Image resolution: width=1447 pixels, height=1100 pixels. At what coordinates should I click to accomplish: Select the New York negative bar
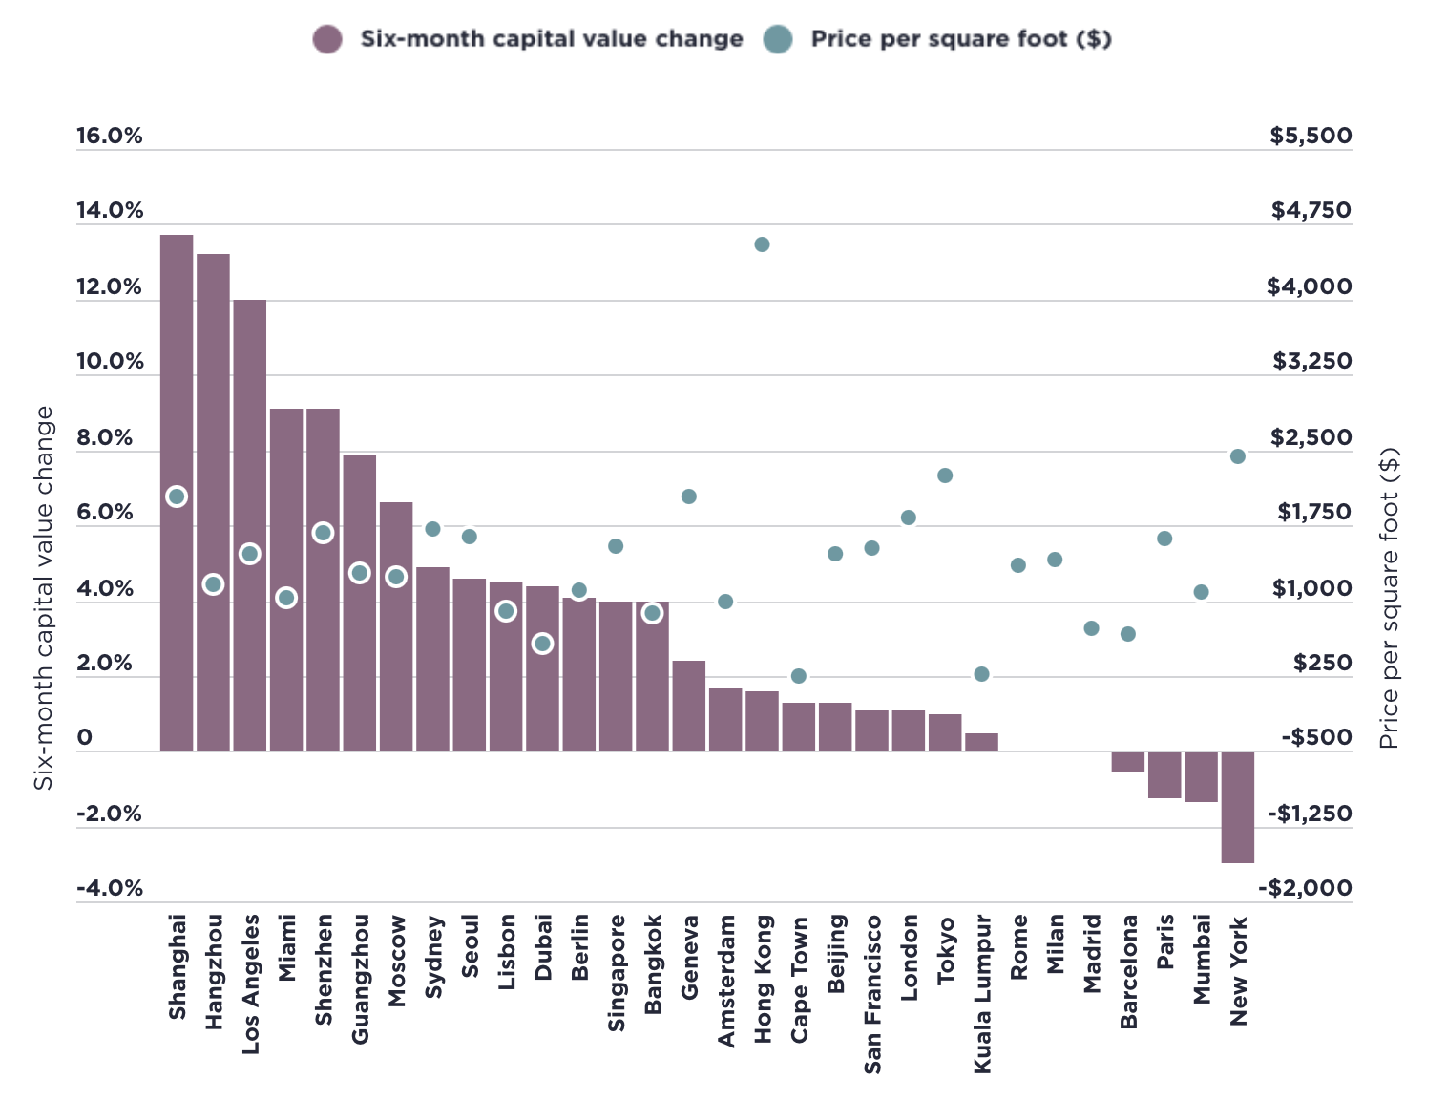(x=1238, y=807)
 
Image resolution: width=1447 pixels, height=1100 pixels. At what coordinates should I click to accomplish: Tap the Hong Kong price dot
(x=762, y=244)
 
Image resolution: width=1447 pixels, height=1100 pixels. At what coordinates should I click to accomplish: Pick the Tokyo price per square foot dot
(x=945, y=476)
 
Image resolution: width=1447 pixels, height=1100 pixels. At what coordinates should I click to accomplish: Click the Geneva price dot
(x=689, y=497)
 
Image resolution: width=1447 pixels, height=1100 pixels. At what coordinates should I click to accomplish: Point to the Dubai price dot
(x=542, y=644)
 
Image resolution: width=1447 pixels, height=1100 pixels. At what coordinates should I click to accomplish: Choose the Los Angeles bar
(x=250, y=430)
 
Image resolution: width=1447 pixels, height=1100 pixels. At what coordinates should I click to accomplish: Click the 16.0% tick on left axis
(x=110, y=136)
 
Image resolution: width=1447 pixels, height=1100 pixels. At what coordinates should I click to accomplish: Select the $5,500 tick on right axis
(x=1311, y=136)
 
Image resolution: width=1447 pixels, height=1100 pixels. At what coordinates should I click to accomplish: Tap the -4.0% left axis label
(x=110, y=889)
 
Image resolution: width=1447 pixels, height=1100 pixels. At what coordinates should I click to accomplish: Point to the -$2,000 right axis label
(x=1305, y=889)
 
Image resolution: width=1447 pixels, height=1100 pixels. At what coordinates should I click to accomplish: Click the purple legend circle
(x=327, y=39)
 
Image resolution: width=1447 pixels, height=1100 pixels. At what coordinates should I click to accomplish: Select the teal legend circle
(x=778, y=39)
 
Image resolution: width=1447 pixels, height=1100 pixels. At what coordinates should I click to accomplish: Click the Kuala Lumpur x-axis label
(x=983, y=993)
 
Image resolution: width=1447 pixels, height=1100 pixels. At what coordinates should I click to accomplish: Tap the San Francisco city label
(x=872, y=993)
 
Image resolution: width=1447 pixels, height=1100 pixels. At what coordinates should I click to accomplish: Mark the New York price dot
(x=1238, y=456)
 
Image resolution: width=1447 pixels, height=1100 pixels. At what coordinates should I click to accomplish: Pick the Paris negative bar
(x=1164, y=774)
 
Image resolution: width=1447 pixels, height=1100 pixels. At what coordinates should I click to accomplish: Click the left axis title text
(x=44, y=598)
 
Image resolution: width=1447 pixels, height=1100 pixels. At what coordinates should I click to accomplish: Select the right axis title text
(x=1389, y=598)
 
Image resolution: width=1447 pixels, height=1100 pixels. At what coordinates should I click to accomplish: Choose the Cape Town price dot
(x=799, y=676)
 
